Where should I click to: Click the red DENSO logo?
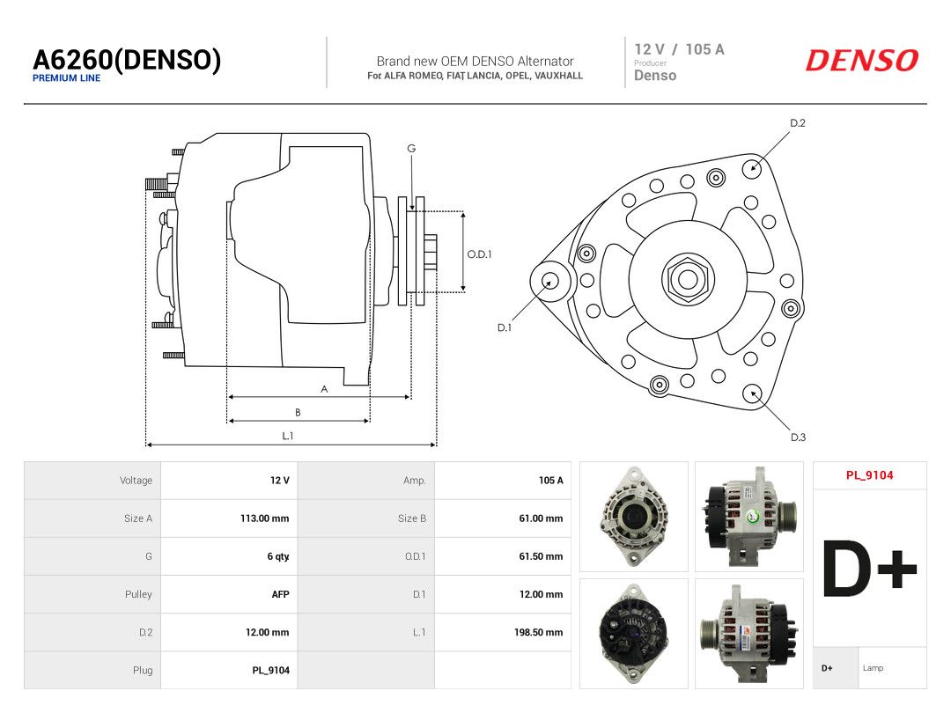coord(862,61)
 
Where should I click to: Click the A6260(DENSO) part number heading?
coord(127,60)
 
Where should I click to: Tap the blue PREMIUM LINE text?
coord(67,78)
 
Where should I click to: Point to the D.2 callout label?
coord(798,123)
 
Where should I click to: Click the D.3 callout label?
coord(798,437)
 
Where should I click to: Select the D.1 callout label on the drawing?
coord(505,327)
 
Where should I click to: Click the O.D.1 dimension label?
coord(479,254)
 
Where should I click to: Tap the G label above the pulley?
coord(411,149)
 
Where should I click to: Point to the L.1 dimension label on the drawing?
coord(287,436)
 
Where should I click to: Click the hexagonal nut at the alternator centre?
coord(688,279)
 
